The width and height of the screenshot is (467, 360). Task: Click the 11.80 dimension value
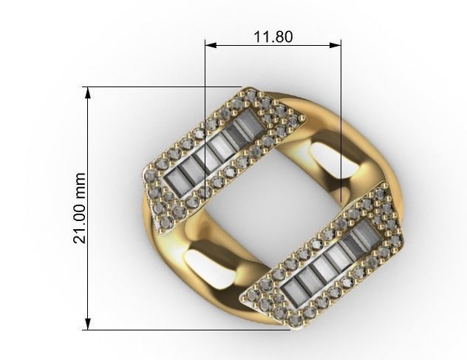(x=272, y=36)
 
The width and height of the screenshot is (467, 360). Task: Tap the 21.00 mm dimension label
(x=81, y=208)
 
